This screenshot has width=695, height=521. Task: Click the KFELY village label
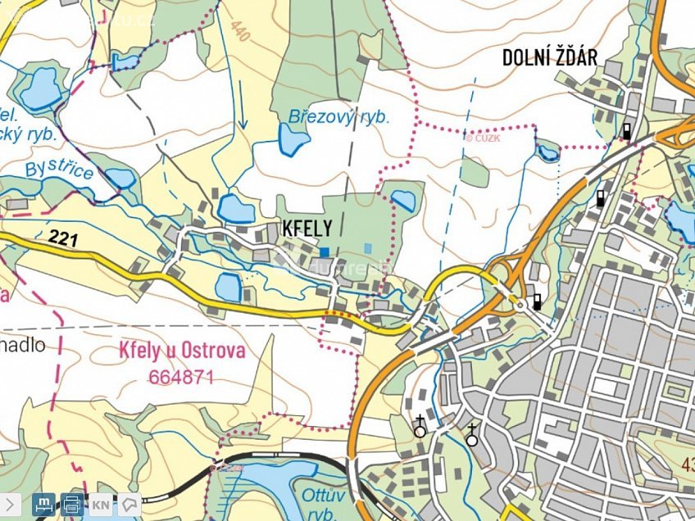tap(307, 229)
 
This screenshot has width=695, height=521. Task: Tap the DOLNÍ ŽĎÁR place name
tap(549, 57)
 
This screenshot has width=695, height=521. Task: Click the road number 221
tap(63, 238)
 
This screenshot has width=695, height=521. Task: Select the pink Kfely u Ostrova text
tap(182, 351)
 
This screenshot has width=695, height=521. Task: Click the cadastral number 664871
tap(181, 377)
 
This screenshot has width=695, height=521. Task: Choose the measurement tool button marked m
tap(44, 505)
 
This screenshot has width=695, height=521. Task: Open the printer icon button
tap(72, 505)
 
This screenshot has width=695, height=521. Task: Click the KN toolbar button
tap(101, 505)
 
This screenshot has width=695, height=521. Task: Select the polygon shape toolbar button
tap(128, 505)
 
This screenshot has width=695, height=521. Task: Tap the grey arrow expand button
tap(9, 505)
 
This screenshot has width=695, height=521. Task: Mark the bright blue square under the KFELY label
tap(325, 251)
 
